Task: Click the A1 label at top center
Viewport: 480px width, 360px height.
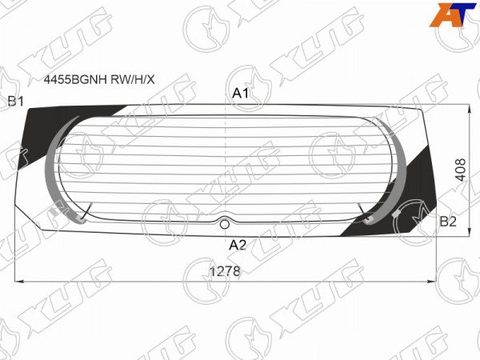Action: click(x=240, y=93)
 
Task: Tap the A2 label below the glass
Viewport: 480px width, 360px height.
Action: click(x=238, y=245)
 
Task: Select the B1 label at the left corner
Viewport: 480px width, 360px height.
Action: click(x=16, y=101)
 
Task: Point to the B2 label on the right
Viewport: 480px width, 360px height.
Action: click(x=448, y=222)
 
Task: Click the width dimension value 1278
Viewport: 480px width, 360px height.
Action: click(x=225, y=271)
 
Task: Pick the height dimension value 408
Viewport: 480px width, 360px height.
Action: click(x=461, y=170)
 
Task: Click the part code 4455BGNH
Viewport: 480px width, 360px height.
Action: click(x=75, y=79)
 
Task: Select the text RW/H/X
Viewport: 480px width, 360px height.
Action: click(x=133, y=79)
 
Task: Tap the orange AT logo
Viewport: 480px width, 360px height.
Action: click(x=453, y=14)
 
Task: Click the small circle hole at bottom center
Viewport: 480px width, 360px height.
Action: click(x=225, y=224)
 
